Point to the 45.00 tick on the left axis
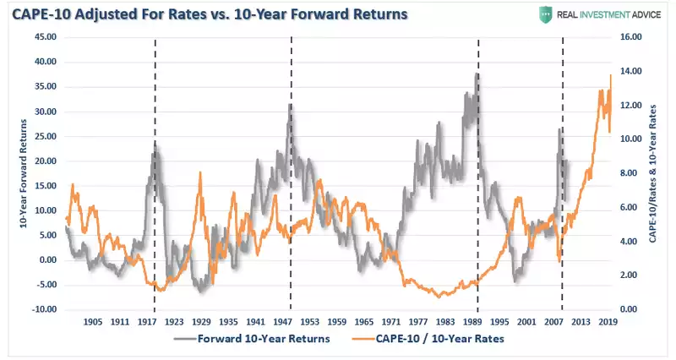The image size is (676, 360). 43,37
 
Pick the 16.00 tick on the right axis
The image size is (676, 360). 631,37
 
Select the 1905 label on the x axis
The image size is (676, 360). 93,322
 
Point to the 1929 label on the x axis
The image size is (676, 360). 201,322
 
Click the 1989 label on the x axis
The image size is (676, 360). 472,322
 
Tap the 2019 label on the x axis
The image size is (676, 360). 607,322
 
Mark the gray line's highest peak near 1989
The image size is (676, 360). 477,74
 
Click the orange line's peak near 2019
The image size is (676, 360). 610,75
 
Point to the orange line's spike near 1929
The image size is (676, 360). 200,172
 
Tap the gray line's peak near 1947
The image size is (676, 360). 291,105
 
